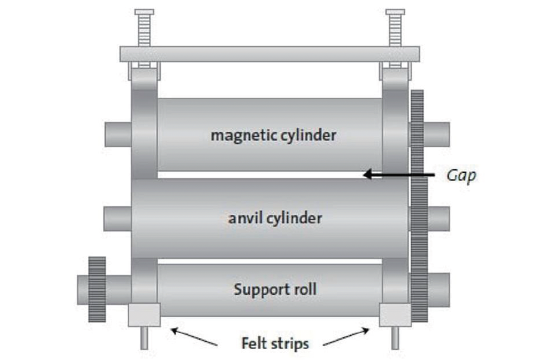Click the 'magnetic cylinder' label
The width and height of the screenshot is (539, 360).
pos(273,135)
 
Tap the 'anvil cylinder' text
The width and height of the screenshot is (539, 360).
pos(275,218)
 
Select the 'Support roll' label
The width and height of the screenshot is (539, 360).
pos(275,290)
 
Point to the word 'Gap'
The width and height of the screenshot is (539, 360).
pos(461,175)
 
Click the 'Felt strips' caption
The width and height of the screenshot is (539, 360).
pos(275,344)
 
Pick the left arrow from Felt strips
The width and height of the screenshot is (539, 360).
pos(194,336)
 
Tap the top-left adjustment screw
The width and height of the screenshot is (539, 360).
pos(144,28)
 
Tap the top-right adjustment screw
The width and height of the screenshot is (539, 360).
pos(395,28)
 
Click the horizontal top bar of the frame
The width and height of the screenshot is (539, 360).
pos(269,54)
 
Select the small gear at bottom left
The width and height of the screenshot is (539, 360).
pos(97,289)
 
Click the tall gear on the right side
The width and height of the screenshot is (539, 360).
pos(418,203)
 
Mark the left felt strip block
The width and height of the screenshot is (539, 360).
pos(144,315)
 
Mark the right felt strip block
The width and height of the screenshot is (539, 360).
pos(395,315)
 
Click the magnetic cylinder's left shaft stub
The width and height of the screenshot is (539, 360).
pos(118,135)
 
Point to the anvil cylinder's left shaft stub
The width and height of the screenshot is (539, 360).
pos(117,219)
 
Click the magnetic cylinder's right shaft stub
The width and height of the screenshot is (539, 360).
pos(437,135)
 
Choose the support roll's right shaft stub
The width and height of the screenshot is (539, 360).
pos(438,290)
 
